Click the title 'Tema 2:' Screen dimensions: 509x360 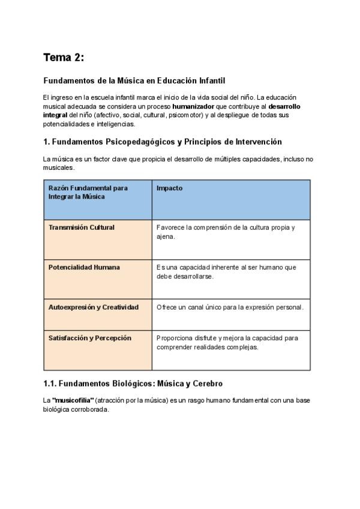(64, 58)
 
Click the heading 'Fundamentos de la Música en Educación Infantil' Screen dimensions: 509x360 (134, 80)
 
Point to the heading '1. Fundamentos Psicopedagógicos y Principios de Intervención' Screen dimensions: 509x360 (163, 142)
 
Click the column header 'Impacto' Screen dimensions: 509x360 (169, 188)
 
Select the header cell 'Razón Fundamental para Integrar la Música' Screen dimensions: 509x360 (88, 192)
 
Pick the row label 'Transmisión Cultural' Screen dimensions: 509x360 (81, 227)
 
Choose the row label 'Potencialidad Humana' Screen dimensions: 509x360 (84, 267)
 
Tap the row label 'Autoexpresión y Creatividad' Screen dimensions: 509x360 (93, 307)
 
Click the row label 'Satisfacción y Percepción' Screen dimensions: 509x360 (89, 338)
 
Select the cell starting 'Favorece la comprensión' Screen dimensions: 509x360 (225, 232)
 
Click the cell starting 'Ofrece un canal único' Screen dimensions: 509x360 (230, 307)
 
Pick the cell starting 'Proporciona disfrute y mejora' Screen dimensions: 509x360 (227, 342)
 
